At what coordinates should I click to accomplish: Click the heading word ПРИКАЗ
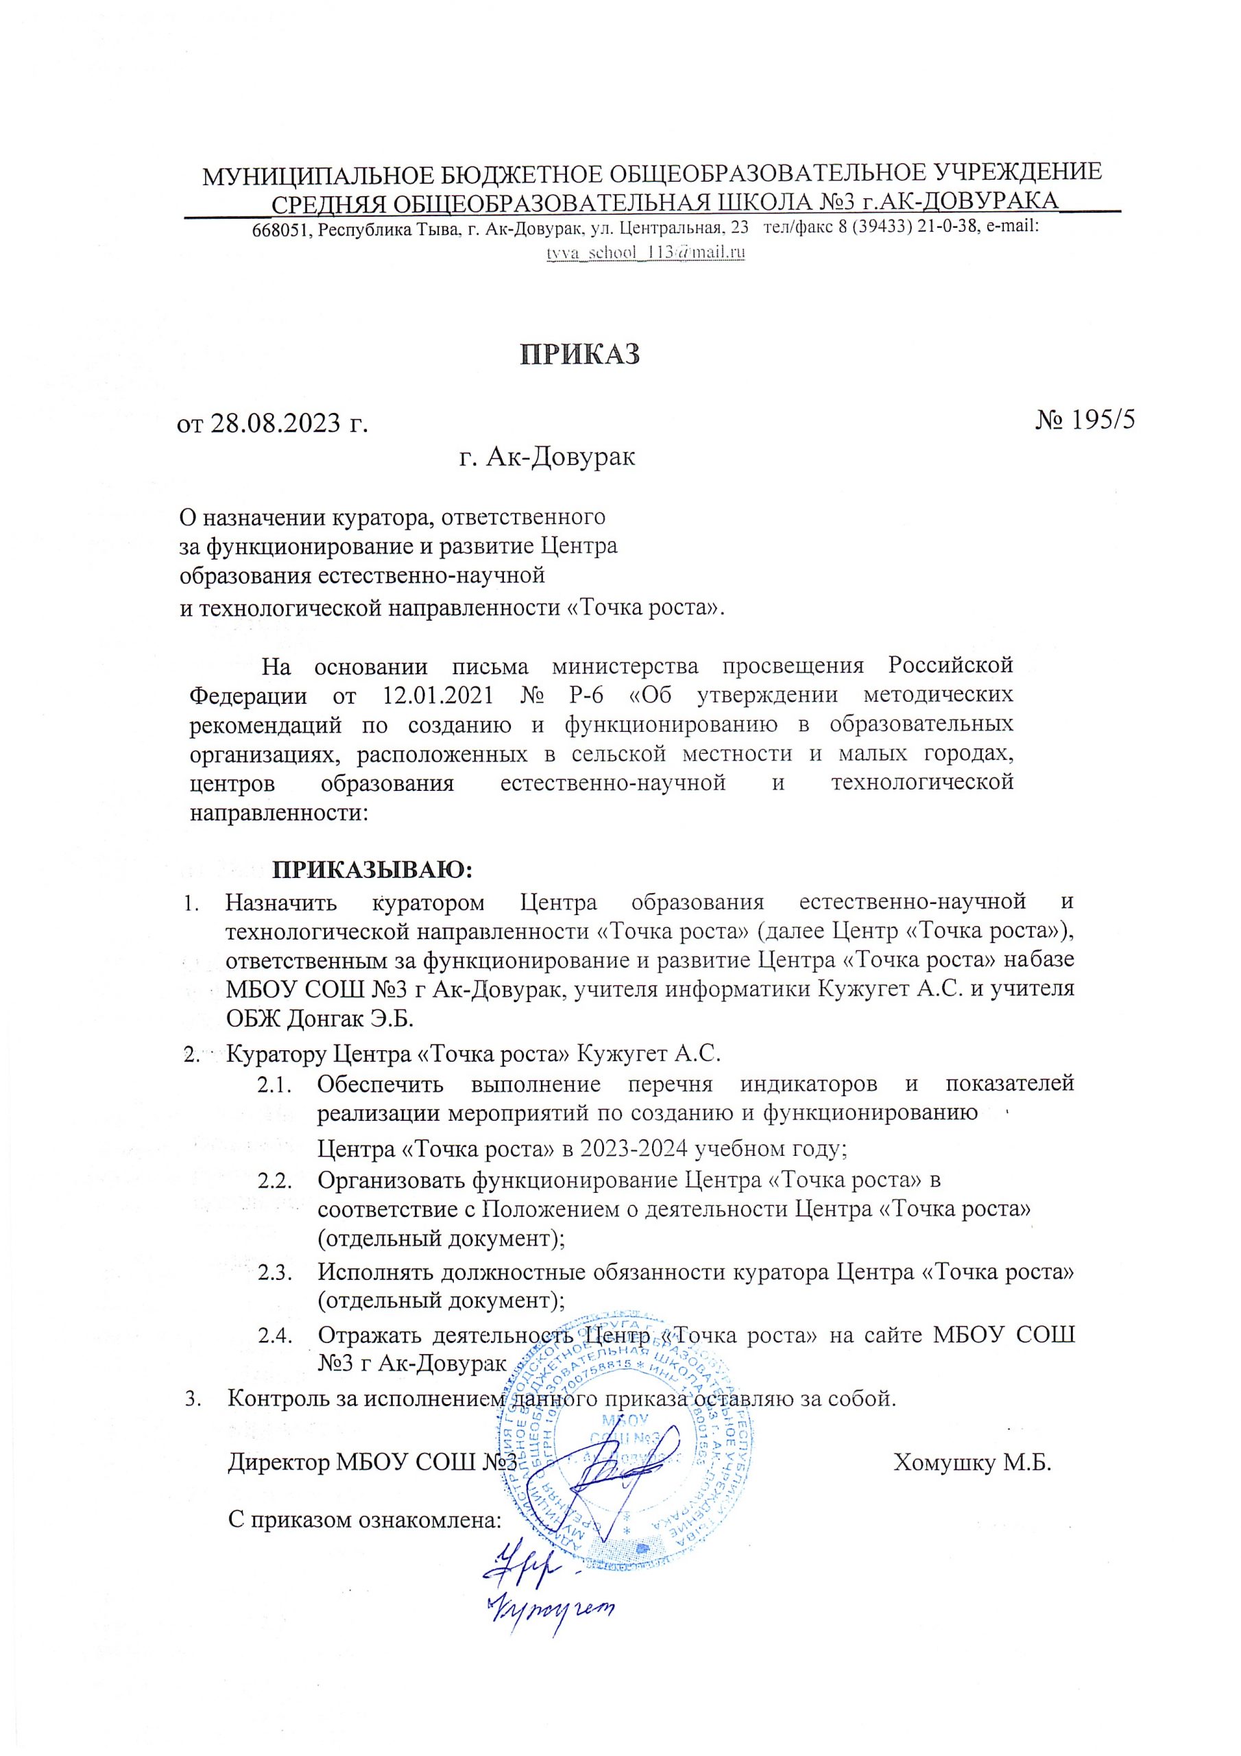[x=579, y=354]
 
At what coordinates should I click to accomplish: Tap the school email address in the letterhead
[x=644, y=253]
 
